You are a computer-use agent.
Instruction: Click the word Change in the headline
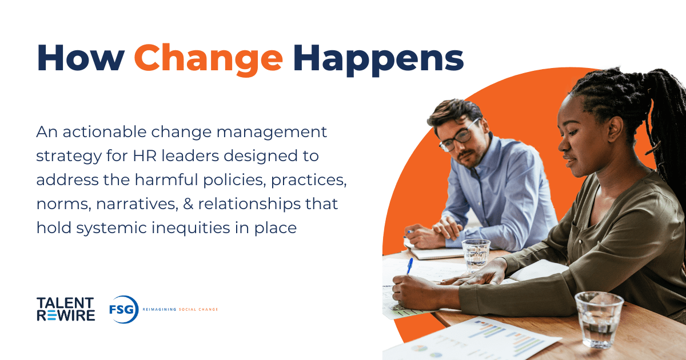coord(208,57)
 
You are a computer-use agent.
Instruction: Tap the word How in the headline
coord(79,57)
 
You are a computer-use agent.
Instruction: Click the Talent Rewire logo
coord(66,309)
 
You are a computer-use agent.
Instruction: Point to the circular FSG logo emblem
coord(123,309)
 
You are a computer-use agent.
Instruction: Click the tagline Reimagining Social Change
coord(180,309)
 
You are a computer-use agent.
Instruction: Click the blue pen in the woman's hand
coord(409,265)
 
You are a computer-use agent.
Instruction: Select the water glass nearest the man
coord(476,254)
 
